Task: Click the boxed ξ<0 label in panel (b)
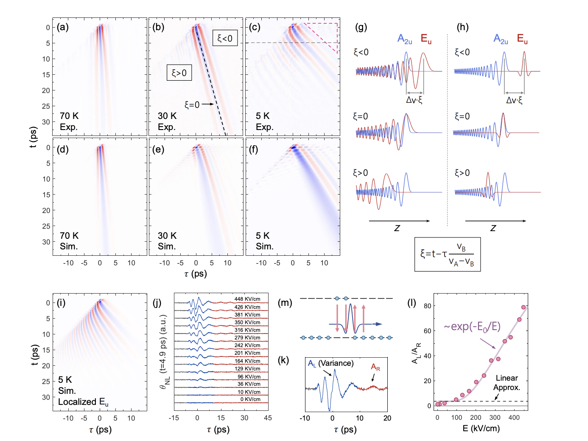click(x=225, y=38)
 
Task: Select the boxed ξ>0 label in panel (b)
click(x=179, y=73)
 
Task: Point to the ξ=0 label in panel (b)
click(x=192, y=105)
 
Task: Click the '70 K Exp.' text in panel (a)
click(x=69, y=122)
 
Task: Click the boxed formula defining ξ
click(x=447, y=254)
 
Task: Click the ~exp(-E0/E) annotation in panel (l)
click(x=472, y=326)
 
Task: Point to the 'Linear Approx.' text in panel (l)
click(x=507, y=383)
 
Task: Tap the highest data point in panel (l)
click(x=524, y=307)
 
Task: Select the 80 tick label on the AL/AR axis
click(x=427, y=306)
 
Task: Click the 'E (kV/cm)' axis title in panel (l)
click(x=481, y=428)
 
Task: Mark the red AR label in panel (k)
click(x=375, y=367)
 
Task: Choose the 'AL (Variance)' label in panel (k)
click(x=330, y=363)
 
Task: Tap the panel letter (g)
click(x=361, y=28)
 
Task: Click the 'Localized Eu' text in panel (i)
click(x=83, y=402)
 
